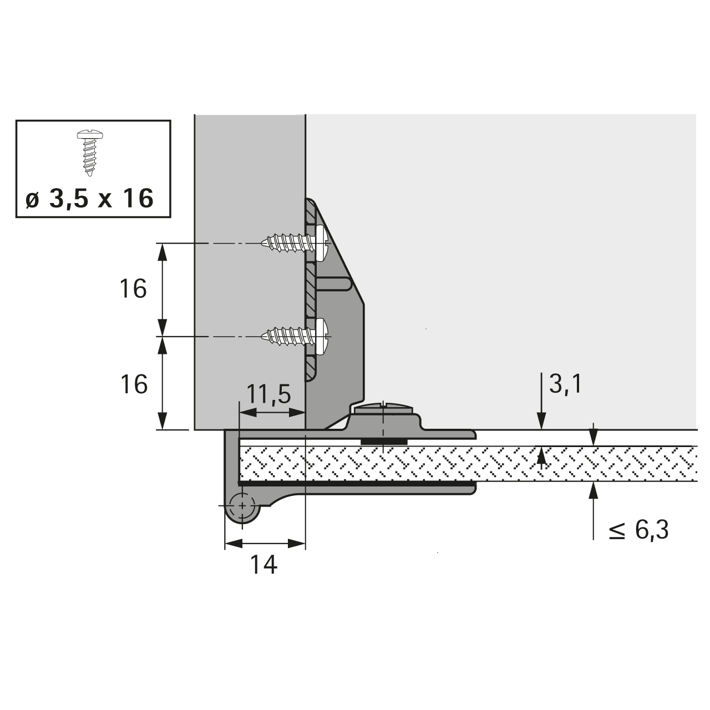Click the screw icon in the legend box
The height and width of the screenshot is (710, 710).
tap(89, 153)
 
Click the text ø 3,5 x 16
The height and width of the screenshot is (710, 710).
tap(89, 199)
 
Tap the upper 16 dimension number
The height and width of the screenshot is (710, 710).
tap(133, 288)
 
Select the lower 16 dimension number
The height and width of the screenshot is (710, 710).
tap(134, 384)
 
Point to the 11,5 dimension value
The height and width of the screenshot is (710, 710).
tap(268, 394)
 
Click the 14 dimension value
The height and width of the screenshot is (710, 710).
tap(263, 564)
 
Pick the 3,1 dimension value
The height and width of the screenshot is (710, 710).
tap(565, 383)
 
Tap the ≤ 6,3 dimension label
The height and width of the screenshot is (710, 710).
tap(638, 530)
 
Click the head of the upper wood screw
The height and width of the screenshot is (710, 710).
tap(322, 244)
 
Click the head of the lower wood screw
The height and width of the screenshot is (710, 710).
tap(322, 337)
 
